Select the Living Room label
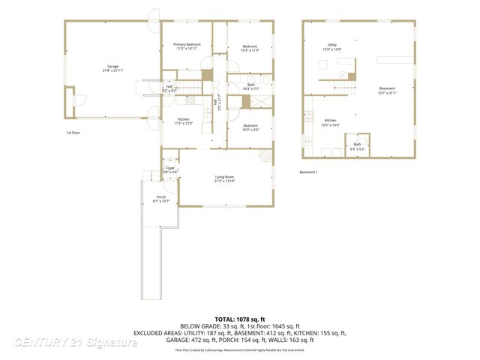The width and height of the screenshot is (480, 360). (x=224, y=178)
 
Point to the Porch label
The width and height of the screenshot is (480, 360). (x=160, y=199)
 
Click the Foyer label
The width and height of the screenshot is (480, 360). (x=170, y=169)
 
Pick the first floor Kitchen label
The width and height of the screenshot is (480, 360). (x=183, y=121)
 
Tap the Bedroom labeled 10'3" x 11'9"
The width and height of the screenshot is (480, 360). (x=250, y=49)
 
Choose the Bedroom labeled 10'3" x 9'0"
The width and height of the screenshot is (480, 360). (x=250, y=127)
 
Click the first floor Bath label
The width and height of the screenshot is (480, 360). (x=251, y=87)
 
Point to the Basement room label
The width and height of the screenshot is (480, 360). (x=387, y=90)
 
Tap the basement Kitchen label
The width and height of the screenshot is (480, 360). (x=330, y=122)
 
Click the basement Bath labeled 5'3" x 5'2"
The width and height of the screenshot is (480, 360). (x=357, y=146)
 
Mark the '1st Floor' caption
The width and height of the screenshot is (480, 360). (x=73, y=132)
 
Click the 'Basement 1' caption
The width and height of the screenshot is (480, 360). (x=308, y=172)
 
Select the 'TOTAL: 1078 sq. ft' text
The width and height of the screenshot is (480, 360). (x=239, y=319)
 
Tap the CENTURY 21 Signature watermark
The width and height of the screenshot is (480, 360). (x=76, y=342)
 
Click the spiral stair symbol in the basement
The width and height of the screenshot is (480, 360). (x=342, y=76)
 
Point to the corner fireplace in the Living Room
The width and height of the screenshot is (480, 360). (x=265, y=157)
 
